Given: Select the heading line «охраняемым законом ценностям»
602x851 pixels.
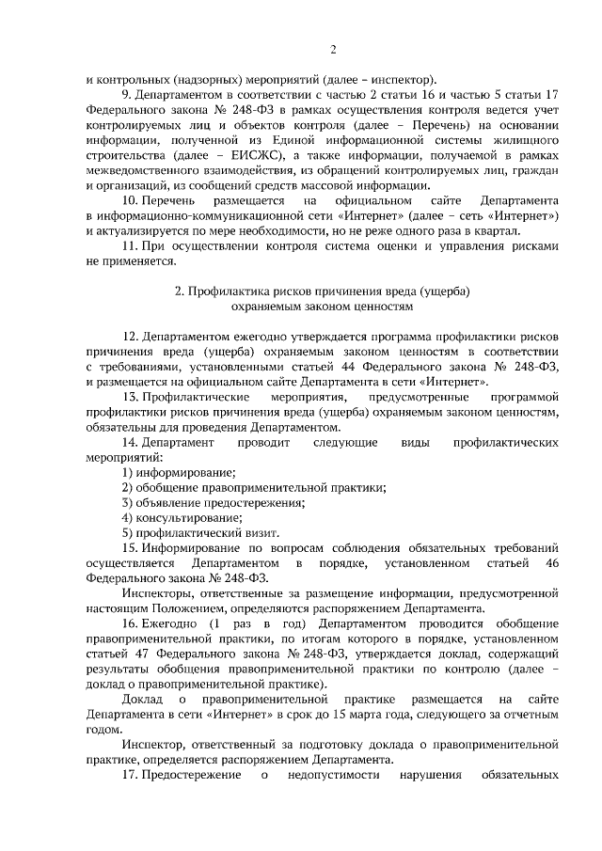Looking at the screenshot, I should click(x=322, y=307).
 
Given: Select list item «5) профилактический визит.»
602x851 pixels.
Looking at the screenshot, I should click(x=197, y=531).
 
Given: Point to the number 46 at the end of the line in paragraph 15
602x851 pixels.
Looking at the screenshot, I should click(x=551, y=561).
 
